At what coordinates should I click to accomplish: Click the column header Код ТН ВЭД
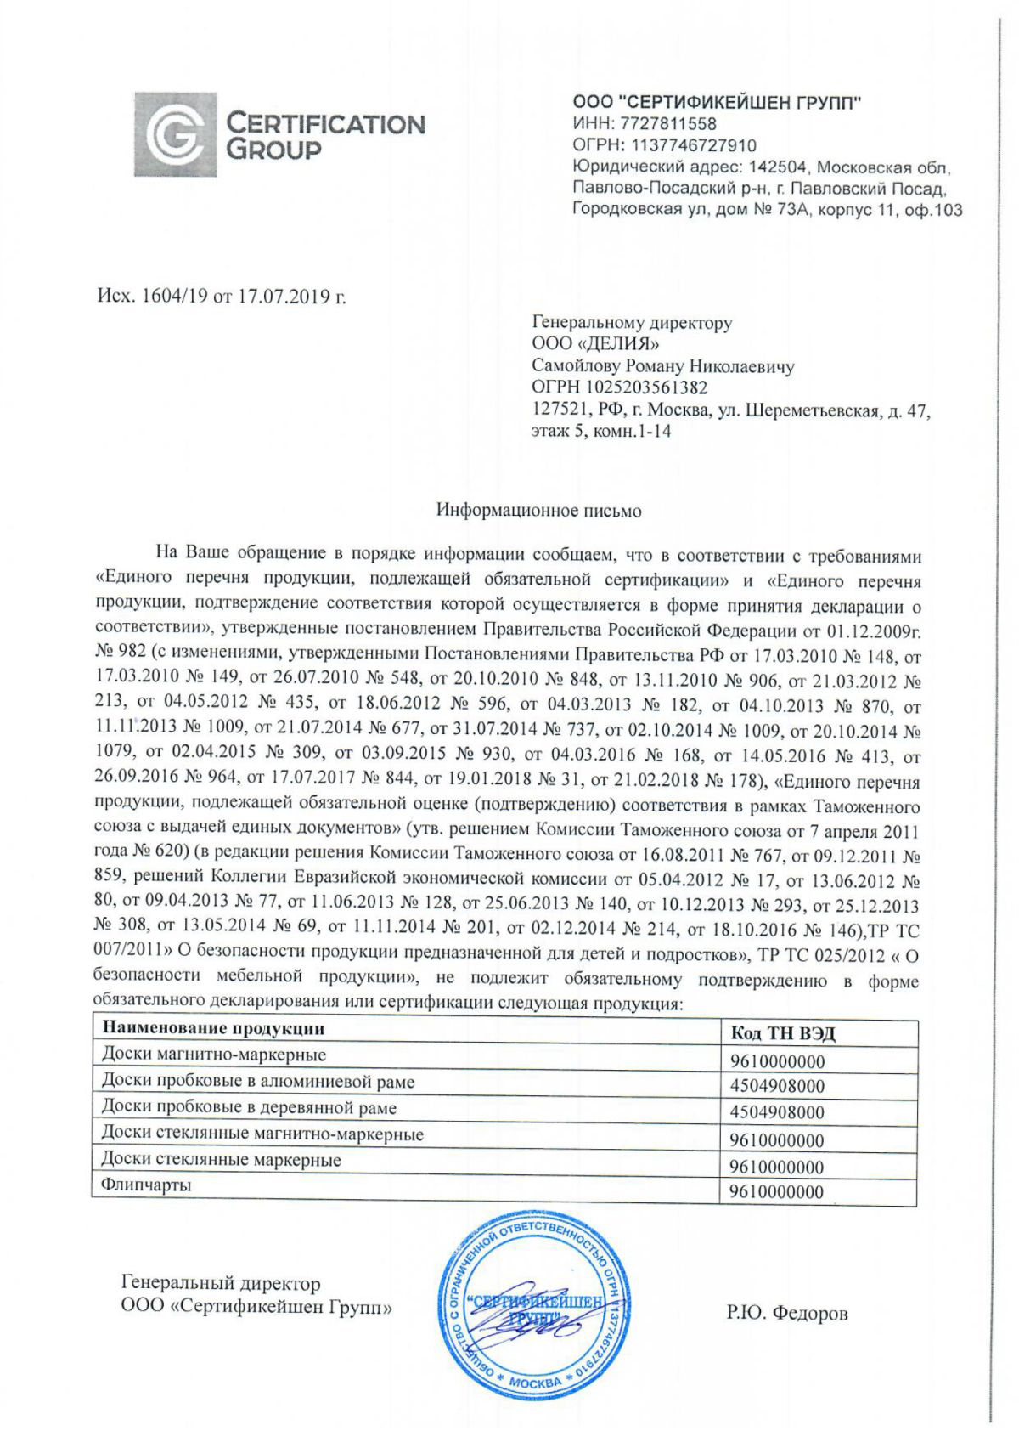782,1033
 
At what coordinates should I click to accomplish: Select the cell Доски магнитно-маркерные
214,1055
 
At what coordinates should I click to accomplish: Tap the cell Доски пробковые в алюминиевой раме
258,1082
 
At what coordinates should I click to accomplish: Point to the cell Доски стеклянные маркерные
221,1159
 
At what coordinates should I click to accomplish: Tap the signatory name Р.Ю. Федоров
786,1314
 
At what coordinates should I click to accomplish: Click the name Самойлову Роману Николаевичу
662,366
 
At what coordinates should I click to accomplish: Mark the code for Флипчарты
777,1192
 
